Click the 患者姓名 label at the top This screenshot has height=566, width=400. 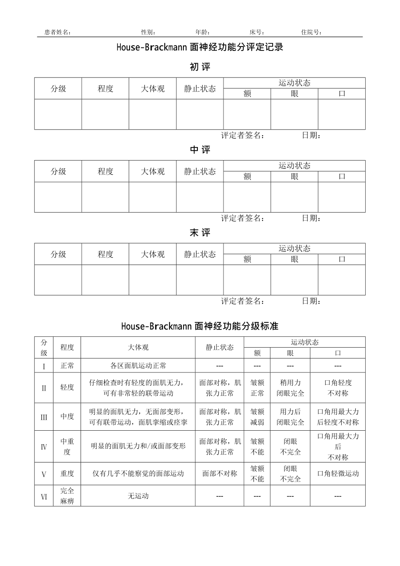(x=58, y=32)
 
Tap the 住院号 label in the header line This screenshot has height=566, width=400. (x=311, y=32)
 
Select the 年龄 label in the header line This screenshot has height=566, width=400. (x=203, y=32)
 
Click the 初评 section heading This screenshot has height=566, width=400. (x=200, y=67)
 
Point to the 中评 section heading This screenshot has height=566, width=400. (x=200, y=150)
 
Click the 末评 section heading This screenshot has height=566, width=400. (x=200, y=233)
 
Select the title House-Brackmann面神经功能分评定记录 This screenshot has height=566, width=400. (x=200, y=47)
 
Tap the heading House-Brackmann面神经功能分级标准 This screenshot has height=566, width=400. (x=200, y=326)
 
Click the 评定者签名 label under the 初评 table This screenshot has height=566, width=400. (x=243, y=135)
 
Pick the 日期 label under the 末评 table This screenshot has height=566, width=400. (x=311, y=301)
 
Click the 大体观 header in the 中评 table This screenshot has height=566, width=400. (x=153, y=171)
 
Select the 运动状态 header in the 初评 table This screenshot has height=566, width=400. (x=294, y=83)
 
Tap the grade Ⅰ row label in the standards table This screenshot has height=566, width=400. (x=44, y=366)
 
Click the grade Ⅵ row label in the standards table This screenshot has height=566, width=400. (x=44, y=496)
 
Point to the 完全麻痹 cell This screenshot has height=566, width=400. (x=67, y=496)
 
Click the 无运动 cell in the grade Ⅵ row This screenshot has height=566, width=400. (x=138, y=496)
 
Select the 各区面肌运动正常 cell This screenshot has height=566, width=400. (x=138, y=366)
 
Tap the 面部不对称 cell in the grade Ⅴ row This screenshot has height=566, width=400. (x=220, y=474)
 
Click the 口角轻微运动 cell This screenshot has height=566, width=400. (x=338, y=474)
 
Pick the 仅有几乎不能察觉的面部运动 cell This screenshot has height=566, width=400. (x=138, y=474)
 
